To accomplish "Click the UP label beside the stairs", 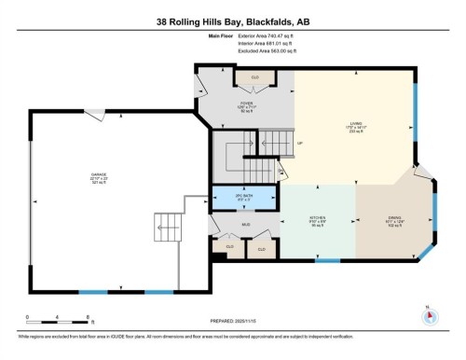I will [300, 143].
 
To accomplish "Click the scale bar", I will [58, 323].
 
